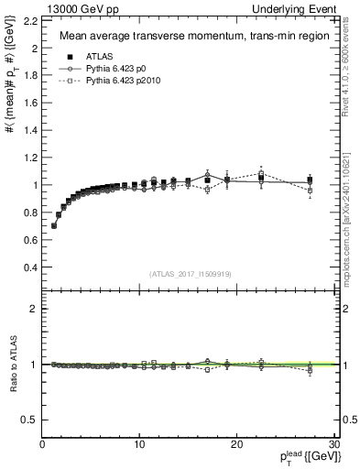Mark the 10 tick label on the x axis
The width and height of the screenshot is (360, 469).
click(x=140, y=444)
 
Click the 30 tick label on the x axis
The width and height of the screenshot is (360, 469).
click(x=334, y=444)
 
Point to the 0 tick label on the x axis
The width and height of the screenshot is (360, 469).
click(x=43, y=444)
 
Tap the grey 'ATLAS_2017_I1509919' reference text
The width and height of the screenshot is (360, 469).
click(x=190, y=272)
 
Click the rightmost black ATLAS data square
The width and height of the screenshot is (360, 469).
click(x=311, y=180)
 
